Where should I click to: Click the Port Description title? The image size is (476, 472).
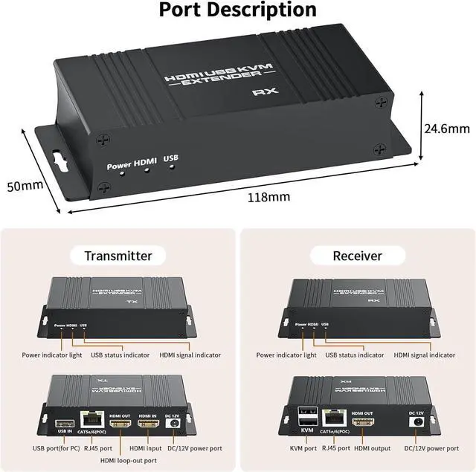[x=238, y=10]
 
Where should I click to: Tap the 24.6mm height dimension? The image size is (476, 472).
[x=446, y=129]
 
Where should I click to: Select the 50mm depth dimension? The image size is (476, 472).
[x=25, y=186]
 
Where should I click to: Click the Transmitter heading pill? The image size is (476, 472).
[x=118, y=256]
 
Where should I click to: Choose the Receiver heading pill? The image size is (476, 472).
[x=357, y=256]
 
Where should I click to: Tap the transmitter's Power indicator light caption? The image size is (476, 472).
[x=52, y=355]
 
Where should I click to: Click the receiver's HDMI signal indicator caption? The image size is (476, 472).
[x=424, y=355]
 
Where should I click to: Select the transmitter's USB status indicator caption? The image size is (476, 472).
[x=120, y=355]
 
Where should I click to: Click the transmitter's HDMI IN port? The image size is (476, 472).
[x=149, y=425]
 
